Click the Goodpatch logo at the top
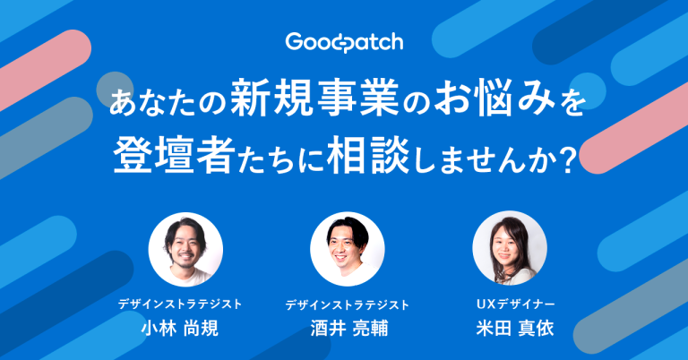(343, 42)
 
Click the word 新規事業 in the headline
(301, 98)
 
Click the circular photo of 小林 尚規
(185, 249)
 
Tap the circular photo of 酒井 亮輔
(347, 249)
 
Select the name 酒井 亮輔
(348, 329)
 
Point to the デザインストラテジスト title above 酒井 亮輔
(348, 304)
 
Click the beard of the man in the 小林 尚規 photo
(186, 261)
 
